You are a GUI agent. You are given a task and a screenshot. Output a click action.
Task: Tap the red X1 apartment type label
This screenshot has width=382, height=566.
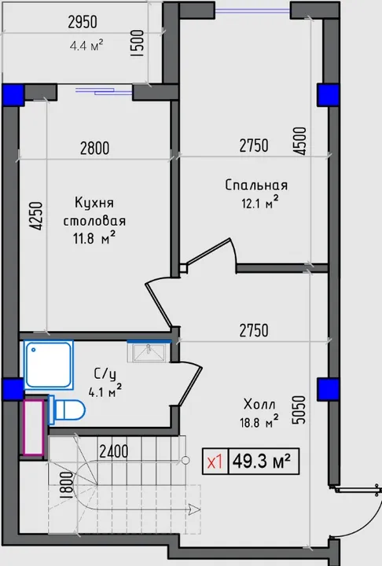click(x=215, y=461)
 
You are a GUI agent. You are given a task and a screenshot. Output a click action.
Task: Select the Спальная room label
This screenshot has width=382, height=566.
click(x=256, y=186)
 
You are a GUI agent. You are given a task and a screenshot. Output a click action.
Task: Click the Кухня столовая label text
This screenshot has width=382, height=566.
click(x=94, y=211)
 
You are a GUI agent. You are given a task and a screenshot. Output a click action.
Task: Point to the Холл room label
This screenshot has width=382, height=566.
click(x=259, y=404)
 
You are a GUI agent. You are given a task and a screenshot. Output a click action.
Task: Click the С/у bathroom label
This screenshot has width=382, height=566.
click(x=105, y=374)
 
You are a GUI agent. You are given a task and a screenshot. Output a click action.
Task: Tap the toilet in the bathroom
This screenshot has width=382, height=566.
click(x=67, y=410)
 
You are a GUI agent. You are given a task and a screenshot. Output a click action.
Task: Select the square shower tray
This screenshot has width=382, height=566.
click(x=49, y=365)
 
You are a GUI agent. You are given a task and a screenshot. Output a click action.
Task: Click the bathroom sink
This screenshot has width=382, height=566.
click(x=149, y=351)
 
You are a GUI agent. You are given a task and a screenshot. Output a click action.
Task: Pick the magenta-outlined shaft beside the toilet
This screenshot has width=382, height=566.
click(x=34, y=427)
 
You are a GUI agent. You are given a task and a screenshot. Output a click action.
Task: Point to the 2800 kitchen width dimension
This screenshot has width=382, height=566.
click(x=94, y=149)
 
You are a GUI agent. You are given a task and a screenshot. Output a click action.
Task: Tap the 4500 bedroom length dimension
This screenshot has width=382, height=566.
click(x=299, y=141)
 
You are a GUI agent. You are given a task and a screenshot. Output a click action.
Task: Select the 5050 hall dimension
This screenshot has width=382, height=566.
click(x=299, y=410)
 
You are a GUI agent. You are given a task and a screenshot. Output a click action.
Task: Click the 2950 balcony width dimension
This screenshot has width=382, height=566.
click(x=83, y=22)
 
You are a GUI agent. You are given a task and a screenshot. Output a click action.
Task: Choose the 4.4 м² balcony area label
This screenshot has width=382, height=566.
click(x=86, y=46)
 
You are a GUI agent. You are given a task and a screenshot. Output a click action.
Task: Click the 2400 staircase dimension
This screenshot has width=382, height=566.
click(x=114, y=451)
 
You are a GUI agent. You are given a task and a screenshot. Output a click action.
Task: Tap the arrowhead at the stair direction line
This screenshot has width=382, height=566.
click(x=195, y=509)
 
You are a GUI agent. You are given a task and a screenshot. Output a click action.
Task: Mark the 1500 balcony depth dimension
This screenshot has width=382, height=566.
click(x=138, y=42)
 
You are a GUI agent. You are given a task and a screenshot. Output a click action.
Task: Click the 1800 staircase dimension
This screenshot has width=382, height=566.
click(x=67, y=485)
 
